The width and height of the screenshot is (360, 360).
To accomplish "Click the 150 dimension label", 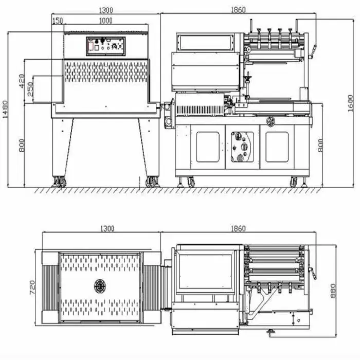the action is (58, 21).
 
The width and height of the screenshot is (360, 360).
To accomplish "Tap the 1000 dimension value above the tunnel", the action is (105, 21).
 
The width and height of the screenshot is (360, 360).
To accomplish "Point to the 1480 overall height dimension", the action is (5, 110).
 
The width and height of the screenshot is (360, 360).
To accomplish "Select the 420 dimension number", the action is (22, 81).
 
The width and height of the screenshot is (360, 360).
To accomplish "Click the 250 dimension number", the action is (30, 89).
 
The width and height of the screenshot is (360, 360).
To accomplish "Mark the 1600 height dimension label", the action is (350, 103).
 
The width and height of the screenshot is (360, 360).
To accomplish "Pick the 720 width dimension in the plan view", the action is (32, 287).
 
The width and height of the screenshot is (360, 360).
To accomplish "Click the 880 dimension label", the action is (333, 291).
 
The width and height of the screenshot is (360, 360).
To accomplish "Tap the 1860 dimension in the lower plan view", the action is (238, 229).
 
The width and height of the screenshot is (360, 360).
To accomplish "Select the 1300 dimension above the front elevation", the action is (106, 10).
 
